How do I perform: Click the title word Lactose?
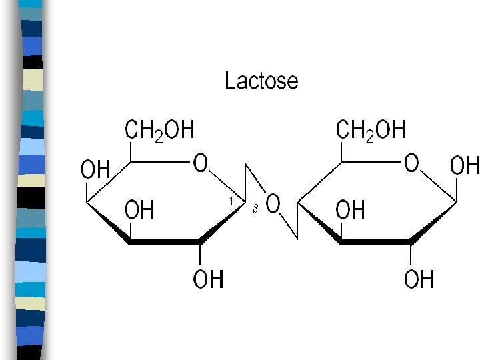(x=261, y=81)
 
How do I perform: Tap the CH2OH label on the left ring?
(x=160, y=130)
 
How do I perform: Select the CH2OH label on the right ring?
(x=371, y=130)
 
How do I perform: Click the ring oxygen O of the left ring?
(x=201, y=163)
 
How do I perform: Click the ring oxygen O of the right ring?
(x=411, y=163)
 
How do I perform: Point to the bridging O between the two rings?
(x=273, y=203)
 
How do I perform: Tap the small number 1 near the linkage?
(x=231, y=200)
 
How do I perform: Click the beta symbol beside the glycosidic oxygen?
(x=254, y=210)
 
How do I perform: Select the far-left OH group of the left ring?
(x=95, y=169)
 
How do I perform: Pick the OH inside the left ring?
(x=140, y=211)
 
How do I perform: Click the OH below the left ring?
(x=208, y=279)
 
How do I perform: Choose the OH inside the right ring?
(x=351, y=211)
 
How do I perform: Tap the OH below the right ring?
(x=419, y=279)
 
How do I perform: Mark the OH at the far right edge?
(x=465, y=165)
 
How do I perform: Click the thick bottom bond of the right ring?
(x=375, y=241)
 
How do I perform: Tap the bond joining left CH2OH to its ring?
(x=131, y=151)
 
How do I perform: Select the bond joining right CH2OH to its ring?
(x=342, y=151)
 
